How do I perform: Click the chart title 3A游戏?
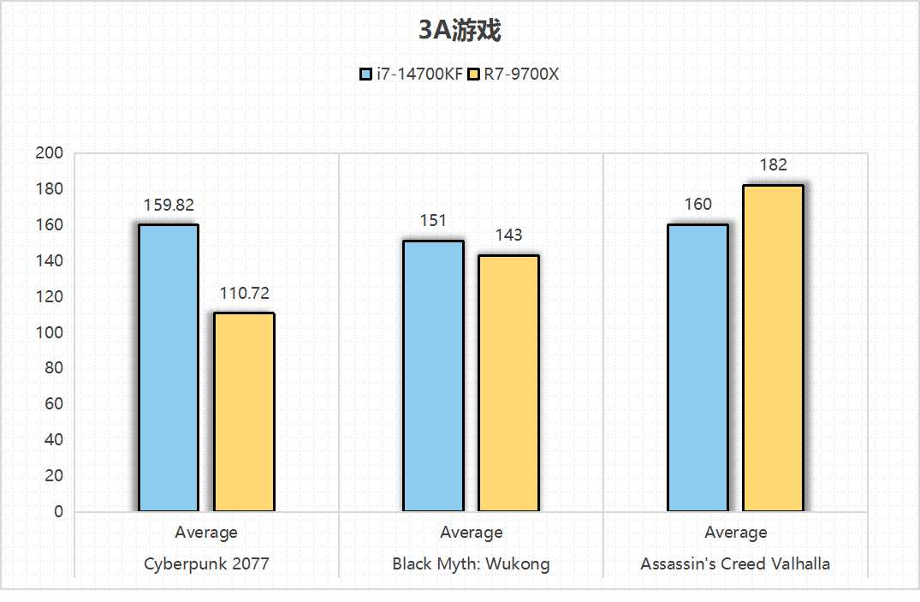pos(460,31)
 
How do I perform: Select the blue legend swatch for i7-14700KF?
pos(365,75)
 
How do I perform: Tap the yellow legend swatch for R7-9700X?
pos(473,75)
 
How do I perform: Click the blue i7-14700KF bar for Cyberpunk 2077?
pos(169,368)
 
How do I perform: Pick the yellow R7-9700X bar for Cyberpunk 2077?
pos(244,413)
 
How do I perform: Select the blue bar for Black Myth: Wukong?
pos(433,376)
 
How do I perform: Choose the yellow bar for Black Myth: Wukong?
pos(508,384)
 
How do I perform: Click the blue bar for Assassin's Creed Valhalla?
pos(697,368)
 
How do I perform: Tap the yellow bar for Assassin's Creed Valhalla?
pos(773,349)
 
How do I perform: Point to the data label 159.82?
pos(169,206)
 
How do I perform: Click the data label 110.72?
pos(244,294)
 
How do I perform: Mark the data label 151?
pos(433,221)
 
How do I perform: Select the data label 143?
pos(508,235)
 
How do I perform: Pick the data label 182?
pos(773,165)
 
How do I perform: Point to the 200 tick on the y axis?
pos(50,153)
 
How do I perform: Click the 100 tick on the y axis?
pos(50,332)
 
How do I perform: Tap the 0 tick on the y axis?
pos(58,512)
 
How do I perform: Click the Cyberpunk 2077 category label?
pos(205,564)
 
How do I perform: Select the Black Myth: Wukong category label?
pos(471,564)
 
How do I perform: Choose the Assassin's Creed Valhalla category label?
pos(735,564)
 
